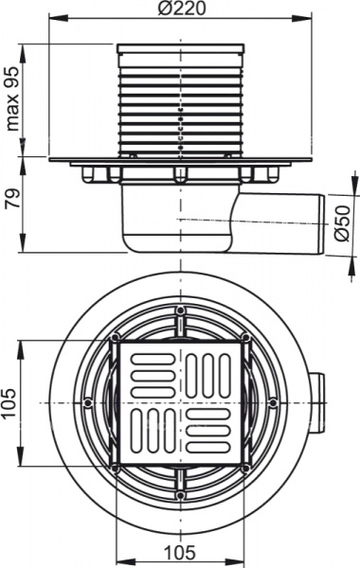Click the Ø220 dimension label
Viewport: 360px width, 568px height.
pos(179,9)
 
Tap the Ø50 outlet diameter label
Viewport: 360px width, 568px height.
pos(346,220)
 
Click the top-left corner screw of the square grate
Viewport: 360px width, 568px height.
pos(115,338)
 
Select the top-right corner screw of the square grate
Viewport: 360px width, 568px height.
pos(245,338)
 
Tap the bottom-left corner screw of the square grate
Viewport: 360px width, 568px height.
pos(115,468)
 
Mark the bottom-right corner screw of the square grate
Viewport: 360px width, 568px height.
pos(245,468)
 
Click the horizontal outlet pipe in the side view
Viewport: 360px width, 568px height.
pos(284,221)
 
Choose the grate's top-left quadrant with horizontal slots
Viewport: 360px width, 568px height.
pos(150,373)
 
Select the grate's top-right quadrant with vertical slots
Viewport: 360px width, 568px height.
pos(210,373)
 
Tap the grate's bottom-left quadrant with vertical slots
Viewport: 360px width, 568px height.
pos(150,433)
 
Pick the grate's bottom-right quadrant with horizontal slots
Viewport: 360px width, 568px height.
pos(210,433)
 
